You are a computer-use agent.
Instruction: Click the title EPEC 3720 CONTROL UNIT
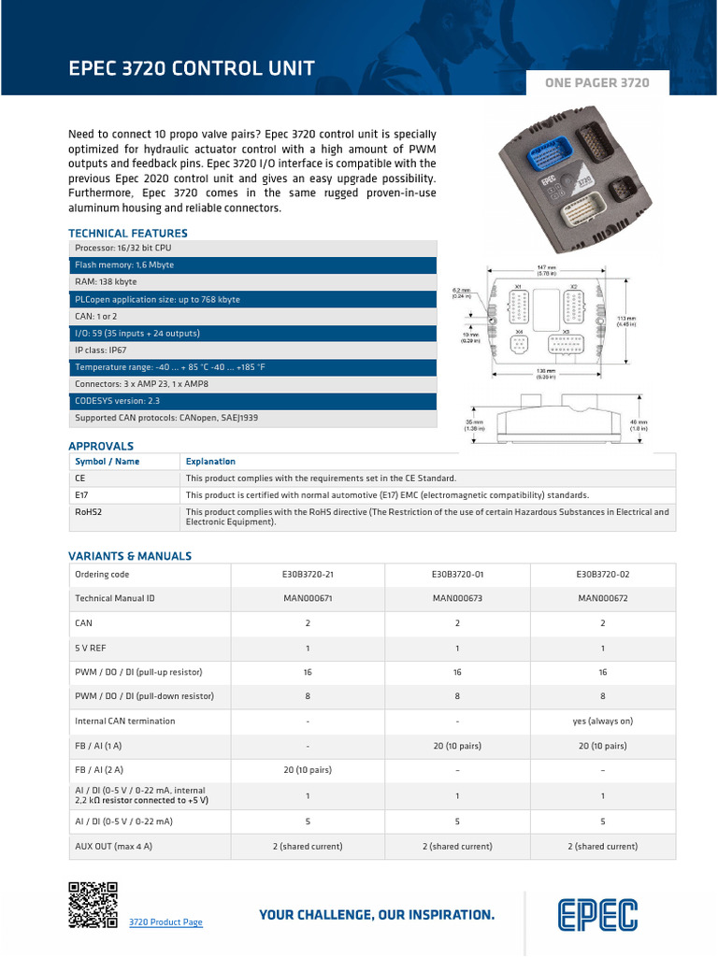click(x=192, y=68)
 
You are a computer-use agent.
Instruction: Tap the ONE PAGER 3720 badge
click(x=596, y=83)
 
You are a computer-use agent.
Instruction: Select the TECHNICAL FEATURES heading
click(x=128, y=233)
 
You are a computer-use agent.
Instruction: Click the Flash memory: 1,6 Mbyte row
click(x=252, y=265)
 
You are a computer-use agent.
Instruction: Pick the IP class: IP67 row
click(x=252, y=350)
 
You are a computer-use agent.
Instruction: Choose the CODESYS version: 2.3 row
click(x=252, y=401)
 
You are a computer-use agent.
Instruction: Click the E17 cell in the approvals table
click(x=82, y=494)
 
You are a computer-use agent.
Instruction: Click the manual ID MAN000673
click(x=458, y=598)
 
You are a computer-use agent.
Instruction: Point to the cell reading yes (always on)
click(x=603, y=721)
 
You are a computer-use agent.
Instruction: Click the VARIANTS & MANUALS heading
click(x=130, y=556)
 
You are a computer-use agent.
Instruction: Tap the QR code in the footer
click(x=93, y=904)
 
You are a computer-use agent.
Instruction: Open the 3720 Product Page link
click(x=165, y=922)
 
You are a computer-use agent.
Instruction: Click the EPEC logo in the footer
click(x=598, y=915)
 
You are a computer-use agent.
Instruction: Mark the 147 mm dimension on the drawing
click(x=547, y=269)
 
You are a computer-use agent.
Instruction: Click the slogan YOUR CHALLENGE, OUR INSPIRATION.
click(x=377, y=915)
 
